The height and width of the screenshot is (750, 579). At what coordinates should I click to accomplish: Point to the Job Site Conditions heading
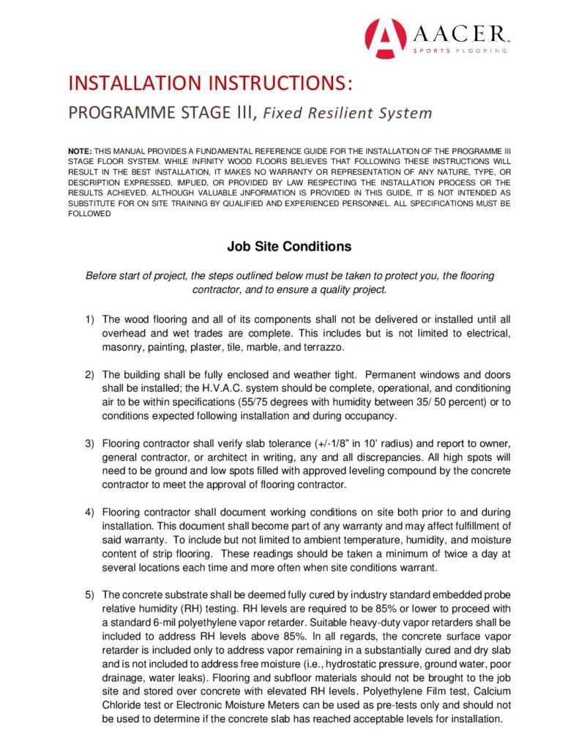tap(289, 247)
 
